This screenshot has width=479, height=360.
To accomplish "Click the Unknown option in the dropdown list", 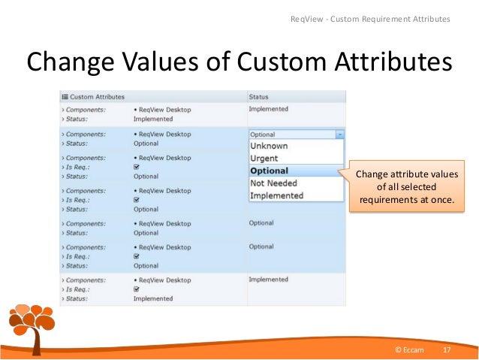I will (268, 146).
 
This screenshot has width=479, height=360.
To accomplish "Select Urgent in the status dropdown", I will (264, 159).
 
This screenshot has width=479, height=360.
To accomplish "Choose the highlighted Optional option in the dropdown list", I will (269, 171).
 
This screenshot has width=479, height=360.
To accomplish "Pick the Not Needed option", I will (273, 183).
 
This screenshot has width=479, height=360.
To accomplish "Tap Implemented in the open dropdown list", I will (276, 195).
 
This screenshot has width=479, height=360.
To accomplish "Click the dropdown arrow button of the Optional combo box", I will (340, 134).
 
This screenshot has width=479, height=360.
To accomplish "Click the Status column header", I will (258, 97).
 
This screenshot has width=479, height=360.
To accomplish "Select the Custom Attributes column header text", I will (98, 97).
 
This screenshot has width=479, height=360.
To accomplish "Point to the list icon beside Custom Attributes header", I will (65, 97).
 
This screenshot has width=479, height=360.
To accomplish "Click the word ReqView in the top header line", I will (306, 18).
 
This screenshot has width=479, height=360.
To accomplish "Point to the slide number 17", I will (447, 351).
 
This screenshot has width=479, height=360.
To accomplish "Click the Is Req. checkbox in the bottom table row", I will (136, 289).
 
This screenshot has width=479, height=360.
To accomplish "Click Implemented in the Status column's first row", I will (268, 109).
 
